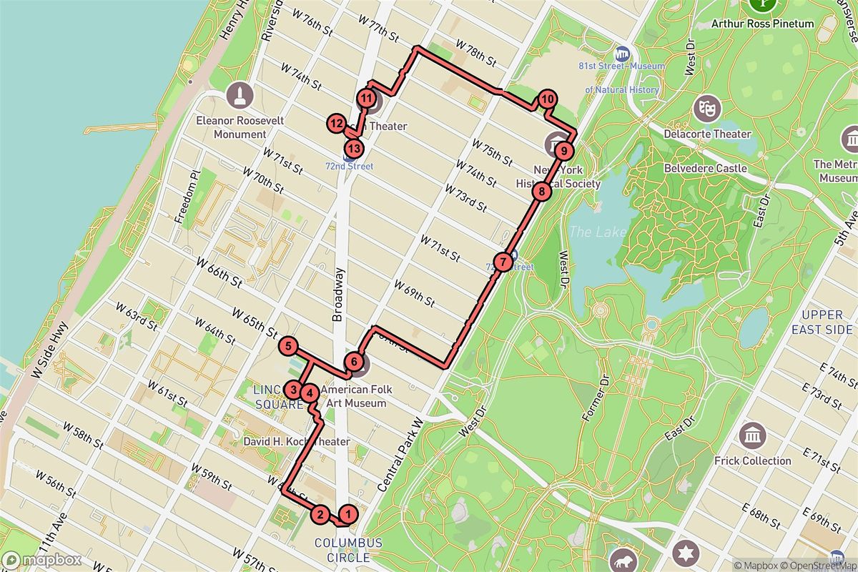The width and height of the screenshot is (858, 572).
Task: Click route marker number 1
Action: pos(348,513)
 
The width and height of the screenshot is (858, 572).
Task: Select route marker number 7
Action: pos(503,262)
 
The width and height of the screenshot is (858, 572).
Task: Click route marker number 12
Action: pos(337,124)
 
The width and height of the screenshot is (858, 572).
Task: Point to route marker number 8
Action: pos(542,192)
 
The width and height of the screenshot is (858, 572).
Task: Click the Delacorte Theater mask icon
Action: pos(707,108)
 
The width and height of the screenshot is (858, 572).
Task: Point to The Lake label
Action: pos(597,232)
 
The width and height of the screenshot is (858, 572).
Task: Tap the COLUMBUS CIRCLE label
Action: pos(348,550)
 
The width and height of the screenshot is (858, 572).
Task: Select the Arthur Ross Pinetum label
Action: pos(762,24)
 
